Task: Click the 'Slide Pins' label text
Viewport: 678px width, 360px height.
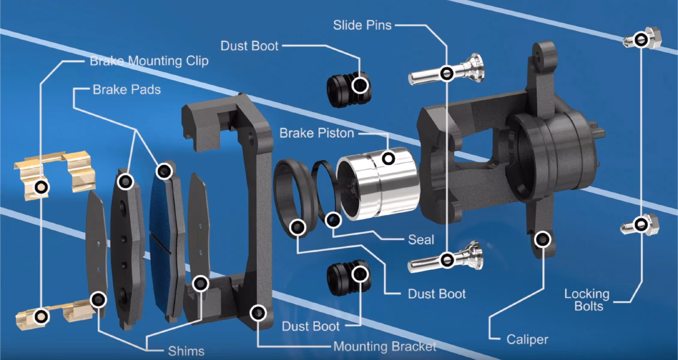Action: click(362, 25)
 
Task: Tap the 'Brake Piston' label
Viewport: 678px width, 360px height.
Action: click(317, 133)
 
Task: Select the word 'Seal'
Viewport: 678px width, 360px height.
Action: click(421, 239)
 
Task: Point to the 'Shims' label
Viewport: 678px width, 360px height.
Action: click(186, 351)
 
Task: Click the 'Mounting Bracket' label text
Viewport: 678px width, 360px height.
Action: click(385, 346)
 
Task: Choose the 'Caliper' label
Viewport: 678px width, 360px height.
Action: click(527, 340)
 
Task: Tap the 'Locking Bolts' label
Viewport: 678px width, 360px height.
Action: click(587, 300)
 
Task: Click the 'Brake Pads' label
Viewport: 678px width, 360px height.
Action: click(127, 89)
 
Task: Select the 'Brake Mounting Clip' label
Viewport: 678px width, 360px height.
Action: click(149, 61)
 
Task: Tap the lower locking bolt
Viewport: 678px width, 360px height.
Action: click(641, 225)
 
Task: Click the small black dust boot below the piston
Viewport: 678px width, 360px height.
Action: click(349, 278)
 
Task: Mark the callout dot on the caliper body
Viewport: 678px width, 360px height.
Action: click(543, 239)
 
